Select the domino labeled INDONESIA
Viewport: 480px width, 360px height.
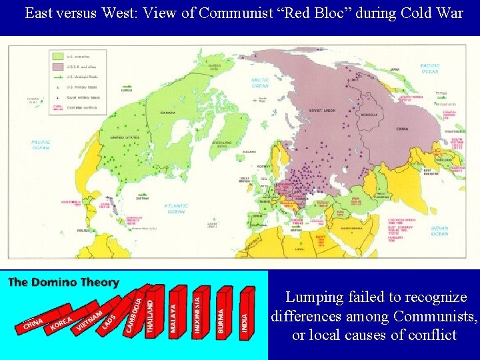(x=197, y=309)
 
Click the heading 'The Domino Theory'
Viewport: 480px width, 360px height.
(x=63, y=283)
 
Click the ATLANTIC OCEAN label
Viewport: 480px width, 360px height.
(x=177, y=208)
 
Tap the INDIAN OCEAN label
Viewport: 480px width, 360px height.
(x=441, y=230)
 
